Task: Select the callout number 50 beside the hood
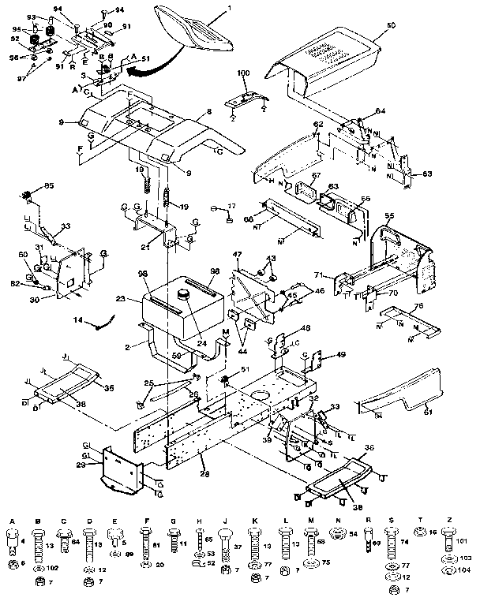click(x=390, y=27)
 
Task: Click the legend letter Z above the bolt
click(x=448, y=521)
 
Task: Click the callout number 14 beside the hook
click(x=77, y=320)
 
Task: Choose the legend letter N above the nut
click(x=337, y=521)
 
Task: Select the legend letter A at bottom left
click(x=13, y=521)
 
